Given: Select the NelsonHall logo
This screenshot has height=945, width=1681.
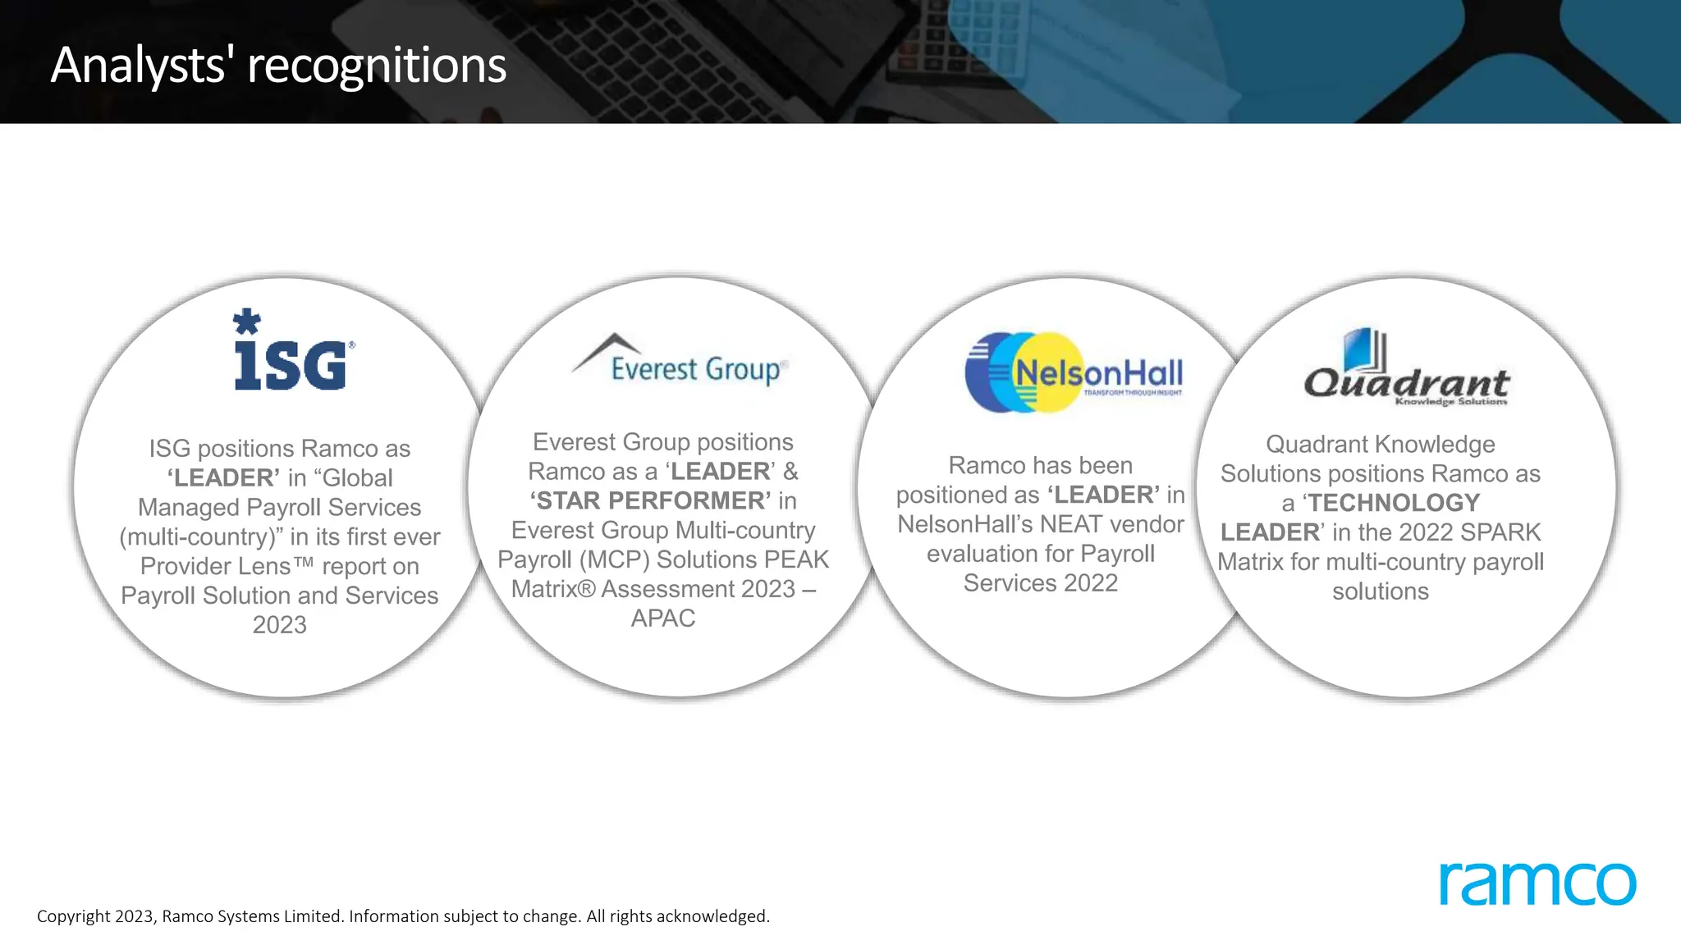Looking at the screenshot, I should point(1074,372).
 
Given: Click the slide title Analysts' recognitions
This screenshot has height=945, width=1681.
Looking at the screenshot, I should point(278,65).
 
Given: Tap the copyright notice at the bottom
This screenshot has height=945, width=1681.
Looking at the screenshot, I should point(403,916).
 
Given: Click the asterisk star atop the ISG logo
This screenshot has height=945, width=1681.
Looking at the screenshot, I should point(246,321).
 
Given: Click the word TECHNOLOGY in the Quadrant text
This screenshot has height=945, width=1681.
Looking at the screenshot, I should point(1394,503).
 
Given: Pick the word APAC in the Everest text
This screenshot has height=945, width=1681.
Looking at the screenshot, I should point(663,619).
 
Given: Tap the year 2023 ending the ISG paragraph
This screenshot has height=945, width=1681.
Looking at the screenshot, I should point(280,625).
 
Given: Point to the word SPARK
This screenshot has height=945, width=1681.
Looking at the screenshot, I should point(1500,532).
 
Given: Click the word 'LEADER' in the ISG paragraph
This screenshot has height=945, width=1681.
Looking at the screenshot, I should point(223,478).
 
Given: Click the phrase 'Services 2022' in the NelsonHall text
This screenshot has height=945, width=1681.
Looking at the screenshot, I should point(1040,583).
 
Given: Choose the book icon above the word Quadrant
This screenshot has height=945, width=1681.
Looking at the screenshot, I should point(1365,349).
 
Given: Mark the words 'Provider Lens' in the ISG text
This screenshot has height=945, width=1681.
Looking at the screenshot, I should point(215,567).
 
